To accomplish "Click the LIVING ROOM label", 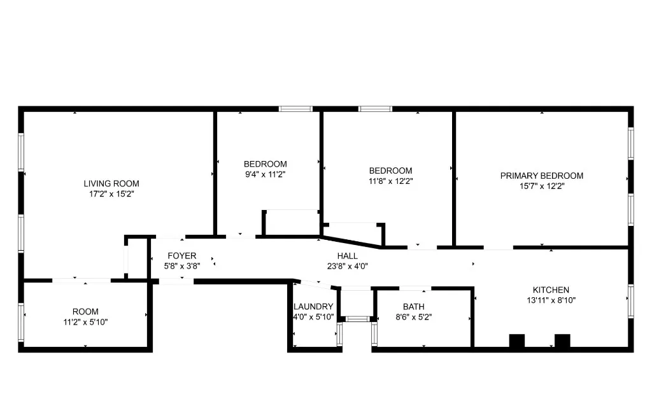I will click(x=111, y=183).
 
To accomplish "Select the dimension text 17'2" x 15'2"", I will click(x=111, y=193).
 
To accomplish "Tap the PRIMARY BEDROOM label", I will click(x=541, y=176).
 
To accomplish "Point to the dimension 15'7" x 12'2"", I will click(x=541, y=186).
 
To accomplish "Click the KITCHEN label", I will click(x=551, y=290).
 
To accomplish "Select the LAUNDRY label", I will click(x=313, y=306).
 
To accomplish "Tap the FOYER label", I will click(x=181, y=256).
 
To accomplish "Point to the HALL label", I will click(x=347, y=256).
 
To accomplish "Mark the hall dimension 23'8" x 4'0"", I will click(x=347, y=266).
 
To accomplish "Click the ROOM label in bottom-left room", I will click(x=85, y=311).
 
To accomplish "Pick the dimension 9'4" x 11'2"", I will click(x=265, y=174).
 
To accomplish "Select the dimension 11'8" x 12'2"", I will click(x=390, y=181).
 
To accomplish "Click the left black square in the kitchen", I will click(x=516, y=341).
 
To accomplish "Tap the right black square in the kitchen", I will click(x=562, y=341).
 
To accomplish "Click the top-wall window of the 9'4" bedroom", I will click(x=295, y=109).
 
